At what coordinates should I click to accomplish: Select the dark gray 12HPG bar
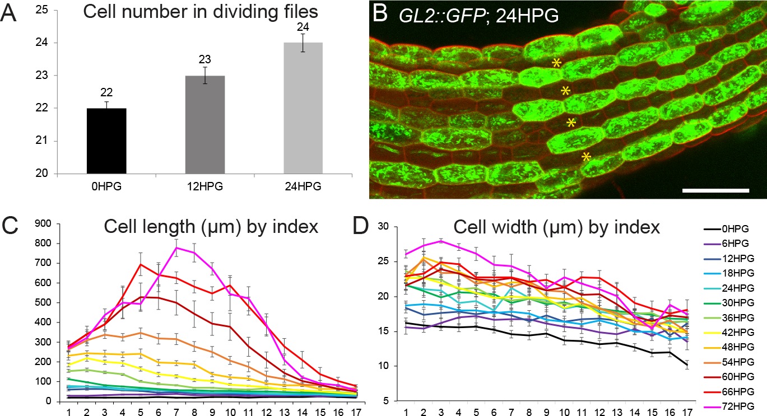click(204, 124)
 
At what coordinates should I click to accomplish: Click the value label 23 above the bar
click(204, 59)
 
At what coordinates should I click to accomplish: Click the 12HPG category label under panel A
click(204, 186)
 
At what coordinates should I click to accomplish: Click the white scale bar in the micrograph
click(715, 190)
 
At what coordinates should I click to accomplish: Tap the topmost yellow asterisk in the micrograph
click(556, 63)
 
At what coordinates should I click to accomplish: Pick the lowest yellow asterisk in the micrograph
click(586, 156)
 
